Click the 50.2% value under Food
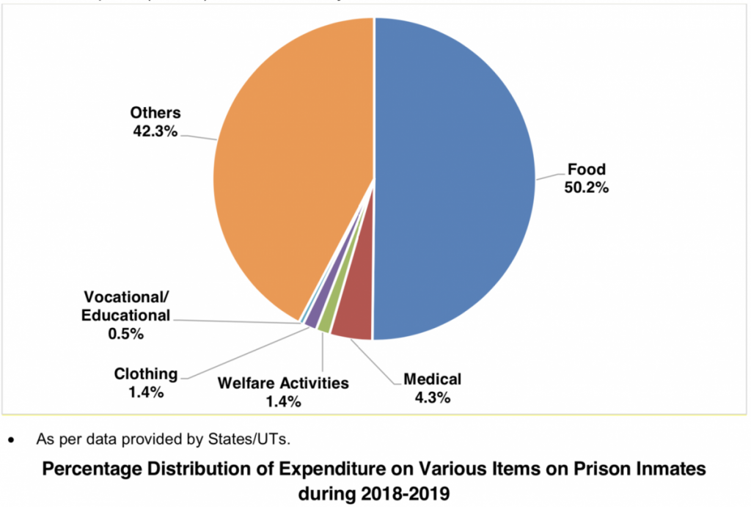point(586,187)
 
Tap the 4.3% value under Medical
point(432,398)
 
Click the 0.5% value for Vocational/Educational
point(126,333)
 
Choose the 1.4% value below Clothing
point(145,392)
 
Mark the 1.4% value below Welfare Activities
point(282,401)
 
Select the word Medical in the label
point(432,379)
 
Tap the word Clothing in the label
point(145,373)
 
